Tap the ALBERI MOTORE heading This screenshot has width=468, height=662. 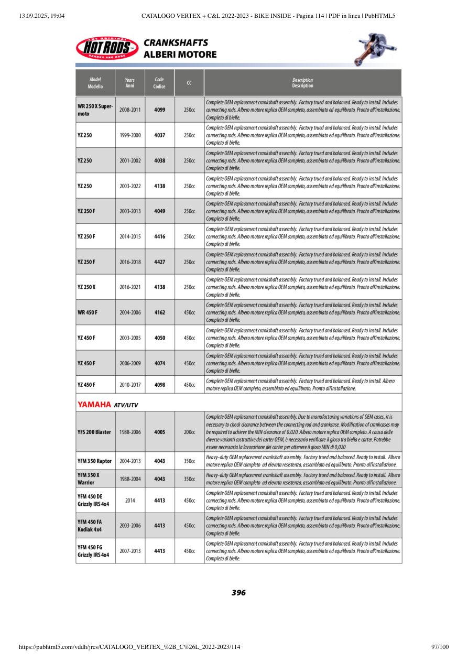click(x=180, y=55)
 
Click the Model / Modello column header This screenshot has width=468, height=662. click(x=95, y=83)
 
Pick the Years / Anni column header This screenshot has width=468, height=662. click(x=130, y=83)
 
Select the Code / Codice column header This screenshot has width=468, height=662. click(x=159, y=83)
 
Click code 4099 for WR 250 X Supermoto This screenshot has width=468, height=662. click(x=159, y=110)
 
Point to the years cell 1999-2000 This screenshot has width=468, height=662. click(x=130, y=135)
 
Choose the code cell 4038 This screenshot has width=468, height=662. click(x=159, y=160)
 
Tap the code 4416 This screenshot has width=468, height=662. click(x=159, y=236)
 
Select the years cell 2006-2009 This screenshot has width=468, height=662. click(x=130, y=363)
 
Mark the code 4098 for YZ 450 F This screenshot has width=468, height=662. click(x=159, y=385)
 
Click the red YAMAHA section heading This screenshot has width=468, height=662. click(x=95, y=405)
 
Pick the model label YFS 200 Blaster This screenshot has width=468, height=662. click(x=94, y=432)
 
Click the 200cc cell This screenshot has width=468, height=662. click(x=189, y=432)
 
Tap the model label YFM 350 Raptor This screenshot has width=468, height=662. click(x=94, y=461)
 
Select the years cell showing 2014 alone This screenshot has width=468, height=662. click(x=130, y=501)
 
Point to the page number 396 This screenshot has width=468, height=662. click(x=238, y=593)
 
